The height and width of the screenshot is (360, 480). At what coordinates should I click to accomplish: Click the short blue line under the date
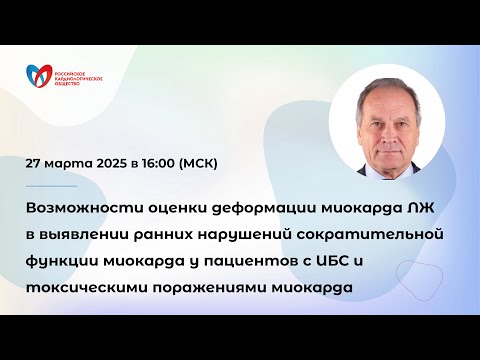[52, 185]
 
